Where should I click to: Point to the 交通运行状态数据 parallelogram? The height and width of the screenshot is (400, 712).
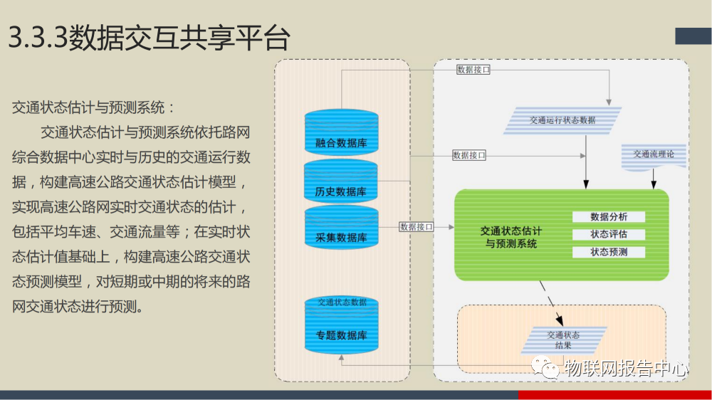click(562, 120)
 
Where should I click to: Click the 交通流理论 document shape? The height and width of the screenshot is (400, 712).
click(654, 157)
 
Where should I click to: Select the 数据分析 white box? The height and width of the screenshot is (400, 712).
click(609, 217)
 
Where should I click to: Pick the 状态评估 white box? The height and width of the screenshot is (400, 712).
click(609, 234)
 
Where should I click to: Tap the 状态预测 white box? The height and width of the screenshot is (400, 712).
click(609, 252)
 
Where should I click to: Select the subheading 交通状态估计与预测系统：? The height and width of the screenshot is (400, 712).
click(93, 108)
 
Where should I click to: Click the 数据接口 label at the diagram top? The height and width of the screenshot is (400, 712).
click(473, 70)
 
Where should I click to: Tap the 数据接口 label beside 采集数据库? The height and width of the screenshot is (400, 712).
click(417, 227)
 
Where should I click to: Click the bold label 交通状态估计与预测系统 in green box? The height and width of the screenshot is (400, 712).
click(511, 238)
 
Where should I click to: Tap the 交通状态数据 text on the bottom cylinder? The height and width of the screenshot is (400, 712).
click(342, 302)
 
